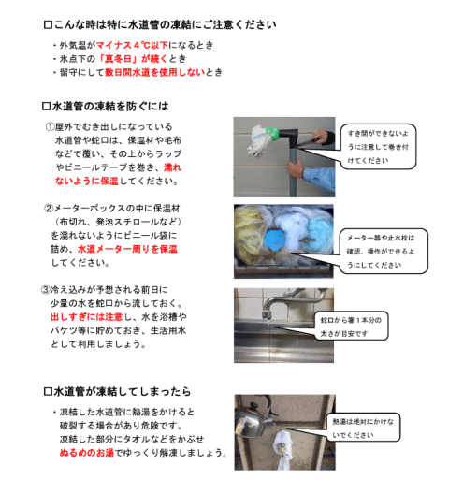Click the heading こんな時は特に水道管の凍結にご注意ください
(165, 24)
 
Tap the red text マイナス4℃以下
(132, 45)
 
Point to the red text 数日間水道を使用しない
(154, 72)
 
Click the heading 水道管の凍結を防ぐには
(110, 106)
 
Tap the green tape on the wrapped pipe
(271, 133)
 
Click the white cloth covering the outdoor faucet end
(258, 140)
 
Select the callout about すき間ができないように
(378, 147)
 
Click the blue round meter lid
(275, 239)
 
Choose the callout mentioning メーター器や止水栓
(384, 251)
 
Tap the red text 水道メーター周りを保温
(127, 249)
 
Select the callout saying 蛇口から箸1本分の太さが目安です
(352, 327)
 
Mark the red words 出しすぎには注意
(87, 317)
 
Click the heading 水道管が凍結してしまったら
(123, 392)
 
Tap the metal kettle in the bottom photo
(252, 421)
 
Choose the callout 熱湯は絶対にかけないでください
(363, 428)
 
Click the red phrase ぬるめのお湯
(87, 453)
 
